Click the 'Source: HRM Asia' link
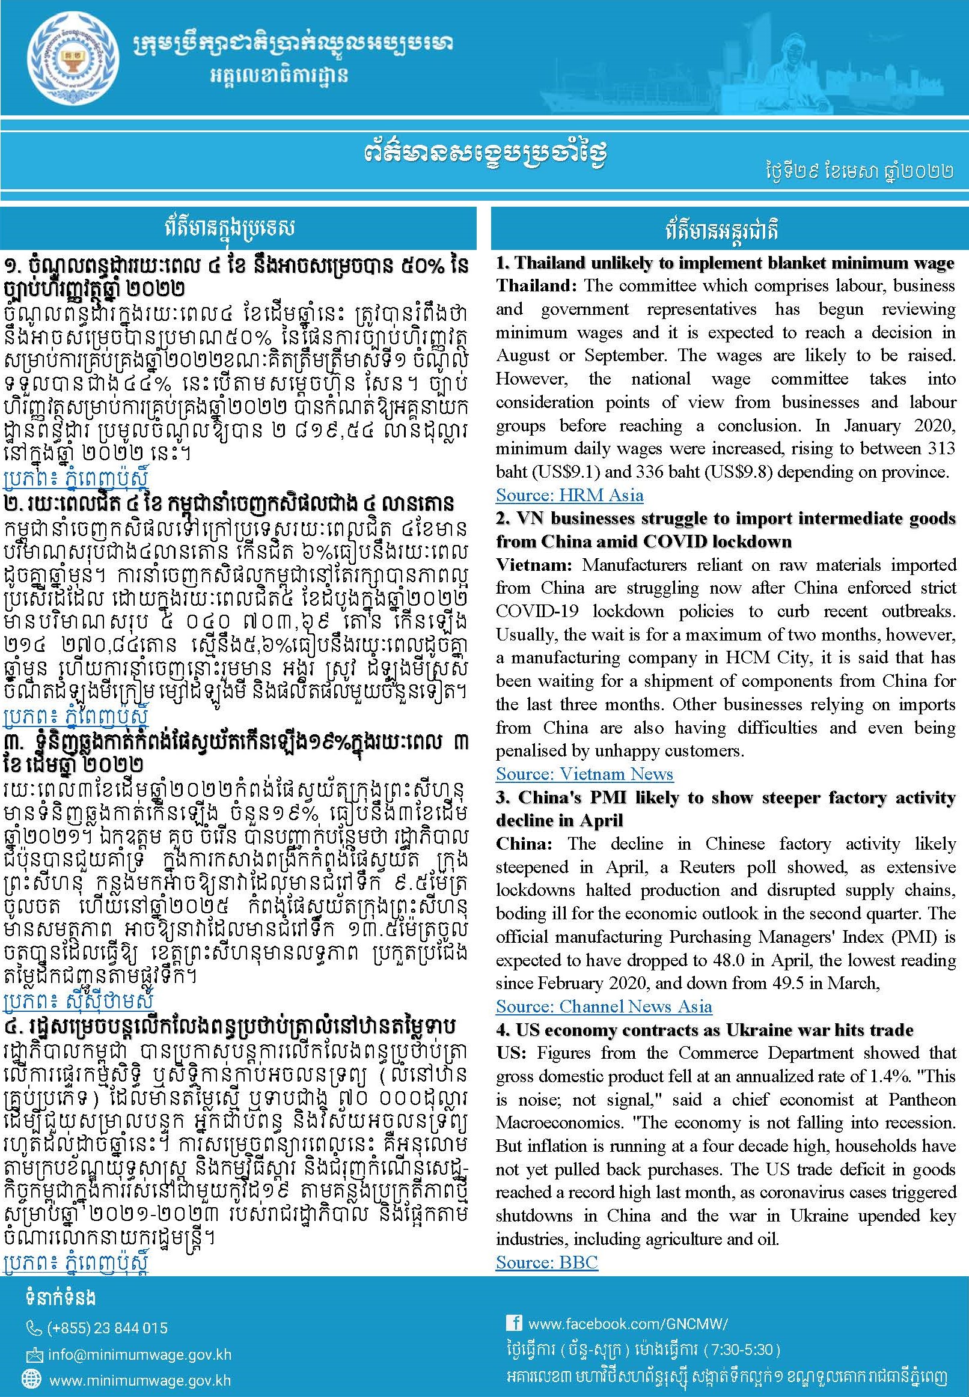pyautogui.click(x=569, y=495)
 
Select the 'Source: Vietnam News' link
pyautogui.click(x=584, y=775)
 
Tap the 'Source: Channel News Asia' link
pyautogui.click(x=604, y=1007)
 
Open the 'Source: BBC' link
pyautogui.click(x=546, y=1262)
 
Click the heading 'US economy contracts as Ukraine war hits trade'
pyautogui.click(x=714, y=1030)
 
